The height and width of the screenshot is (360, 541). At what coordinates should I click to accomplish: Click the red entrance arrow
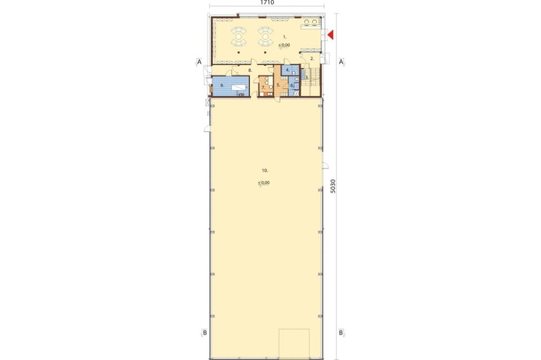pos(331,35)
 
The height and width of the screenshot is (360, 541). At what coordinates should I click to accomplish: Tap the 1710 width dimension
pos(267,2)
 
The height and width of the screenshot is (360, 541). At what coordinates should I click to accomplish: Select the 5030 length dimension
pos(333,186)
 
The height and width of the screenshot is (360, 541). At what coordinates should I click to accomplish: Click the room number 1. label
pos(285,36)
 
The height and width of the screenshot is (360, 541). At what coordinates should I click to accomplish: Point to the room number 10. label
pos(265,170)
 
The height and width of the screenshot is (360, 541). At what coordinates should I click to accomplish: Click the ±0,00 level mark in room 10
pos(264,183)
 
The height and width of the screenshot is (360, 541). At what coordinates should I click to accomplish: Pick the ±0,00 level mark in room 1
pos(285,45)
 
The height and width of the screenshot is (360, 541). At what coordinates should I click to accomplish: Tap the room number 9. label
pos(222,85)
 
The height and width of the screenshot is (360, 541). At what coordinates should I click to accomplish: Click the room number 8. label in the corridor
pos(250,70)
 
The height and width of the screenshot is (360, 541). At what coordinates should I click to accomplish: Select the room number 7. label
pos(263,87)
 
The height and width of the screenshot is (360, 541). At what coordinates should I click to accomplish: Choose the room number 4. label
pos(287,70)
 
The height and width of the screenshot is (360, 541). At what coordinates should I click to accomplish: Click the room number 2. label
pos(312,58)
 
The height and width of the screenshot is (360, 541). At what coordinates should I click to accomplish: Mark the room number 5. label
pos(278,85)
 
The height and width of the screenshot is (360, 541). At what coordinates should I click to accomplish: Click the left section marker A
pos(199,62)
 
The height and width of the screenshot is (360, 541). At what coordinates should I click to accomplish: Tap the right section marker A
pos(341,62)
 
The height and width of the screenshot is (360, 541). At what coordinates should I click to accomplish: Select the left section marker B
pos(204,333)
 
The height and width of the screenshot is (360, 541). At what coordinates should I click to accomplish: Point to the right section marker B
pos(341,333)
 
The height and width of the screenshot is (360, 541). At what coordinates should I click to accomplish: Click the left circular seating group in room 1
pos(239,36)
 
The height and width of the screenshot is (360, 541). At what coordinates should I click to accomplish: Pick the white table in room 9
pos(237,88)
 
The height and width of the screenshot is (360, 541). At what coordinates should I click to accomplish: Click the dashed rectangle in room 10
pos(294,344)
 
